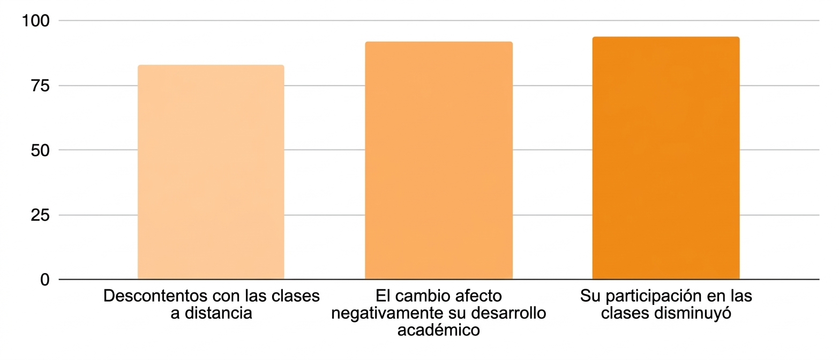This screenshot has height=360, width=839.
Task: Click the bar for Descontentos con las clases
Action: [211, 172]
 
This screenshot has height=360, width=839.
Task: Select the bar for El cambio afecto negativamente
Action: [438, 160]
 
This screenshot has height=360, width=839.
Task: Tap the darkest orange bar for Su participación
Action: [665, 158]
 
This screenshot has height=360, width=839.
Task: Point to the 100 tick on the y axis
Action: [35, 21]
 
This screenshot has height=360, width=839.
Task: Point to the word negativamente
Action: [386, 313]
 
